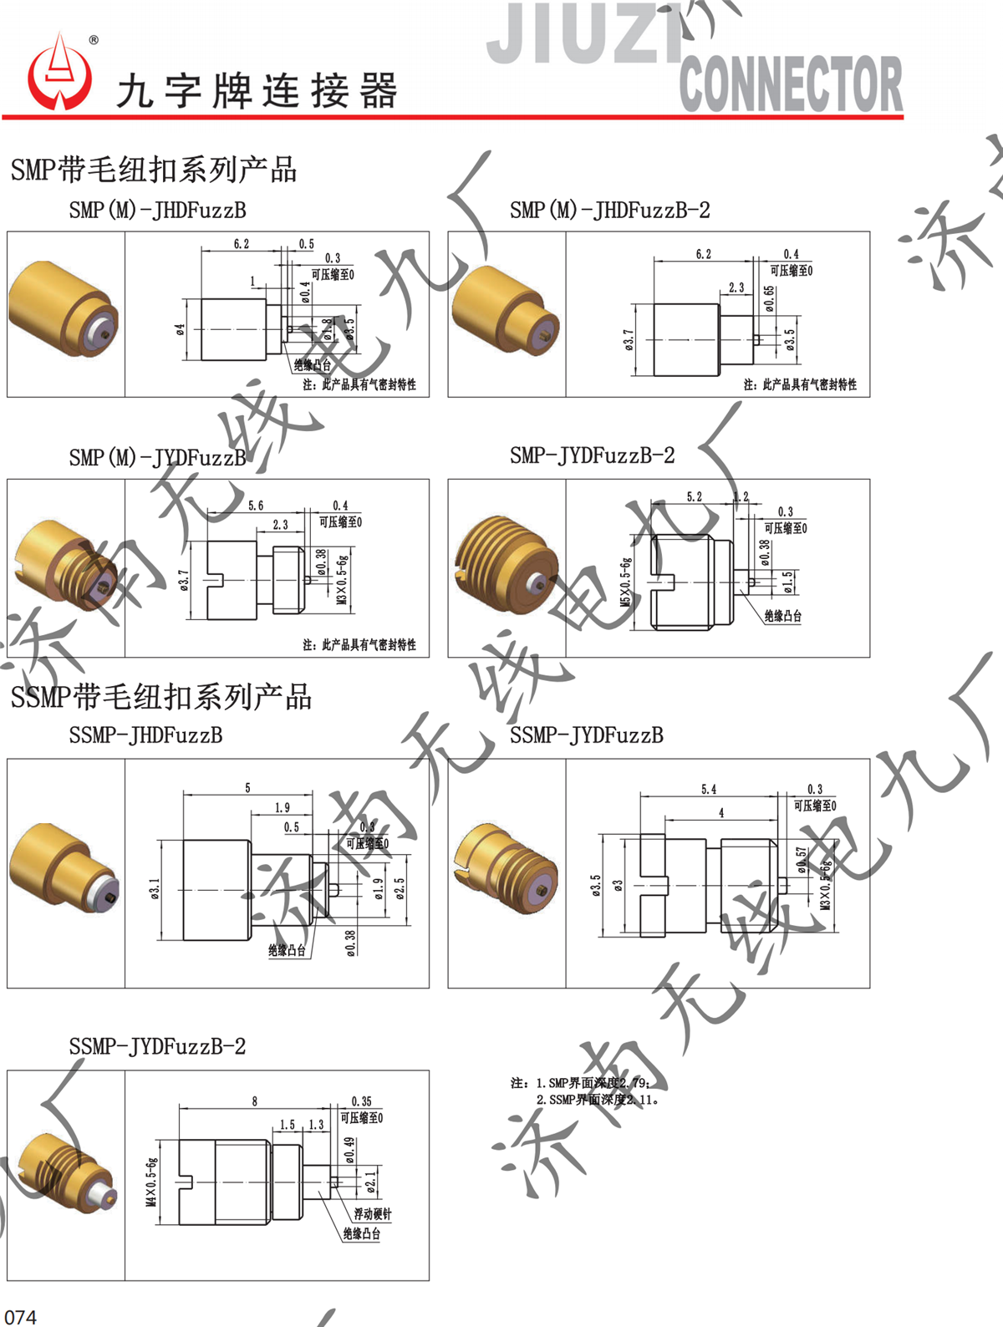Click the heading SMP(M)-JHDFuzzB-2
pos(610,211)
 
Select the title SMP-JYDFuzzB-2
pos(592,455)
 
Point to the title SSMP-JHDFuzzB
pos(145,735)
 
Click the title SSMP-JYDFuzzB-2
pos(157,1046)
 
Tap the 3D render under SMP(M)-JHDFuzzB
pos(64,312)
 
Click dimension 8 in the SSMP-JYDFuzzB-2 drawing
pos(255,1101)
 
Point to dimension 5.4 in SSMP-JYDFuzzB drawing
pos(709,789)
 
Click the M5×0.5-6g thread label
pos(625,582)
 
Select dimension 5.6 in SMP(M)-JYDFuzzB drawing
pos(256,506)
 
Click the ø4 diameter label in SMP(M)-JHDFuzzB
pos(181,330)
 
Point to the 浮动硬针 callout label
pos(371,1213)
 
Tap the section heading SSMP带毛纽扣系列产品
pos(160,697)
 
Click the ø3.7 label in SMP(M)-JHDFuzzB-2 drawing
pos(629,339)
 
